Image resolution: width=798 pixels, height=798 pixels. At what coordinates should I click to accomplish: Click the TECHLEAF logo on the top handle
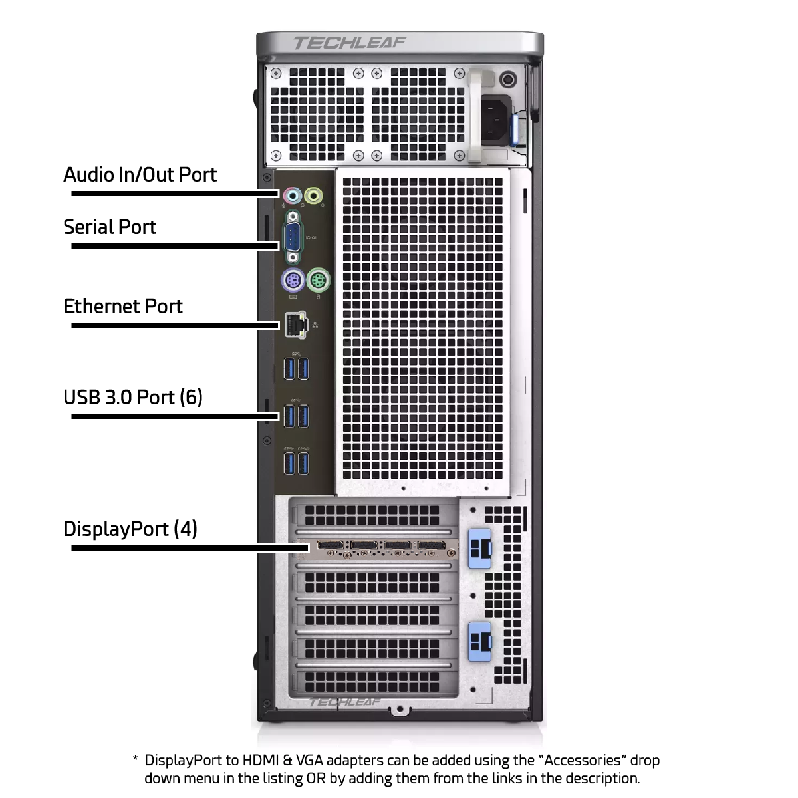[x=349, y=43]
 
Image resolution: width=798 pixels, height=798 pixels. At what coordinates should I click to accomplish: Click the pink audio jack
[x=291, y=196]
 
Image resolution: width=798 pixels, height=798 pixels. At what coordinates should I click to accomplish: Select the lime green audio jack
[x=313, y=196]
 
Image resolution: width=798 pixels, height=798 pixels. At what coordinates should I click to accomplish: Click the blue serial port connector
[x=293, y=237]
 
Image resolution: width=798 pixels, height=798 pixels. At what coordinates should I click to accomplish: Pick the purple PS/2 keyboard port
[x=292, y=282]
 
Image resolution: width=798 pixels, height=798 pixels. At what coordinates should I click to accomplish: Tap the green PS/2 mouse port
[x=319, y=282]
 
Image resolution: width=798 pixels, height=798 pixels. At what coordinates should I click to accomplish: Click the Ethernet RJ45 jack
[x=295, y=325]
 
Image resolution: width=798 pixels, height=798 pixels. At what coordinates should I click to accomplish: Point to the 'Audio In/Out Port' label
[x=140, y=174]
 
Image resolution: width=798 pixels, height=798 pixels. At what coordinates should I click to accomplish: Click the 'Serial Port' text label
[x=110, y=227]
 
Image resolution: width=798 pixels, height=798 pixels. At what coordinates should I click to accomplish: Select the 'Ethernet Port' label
[x=123, y=306]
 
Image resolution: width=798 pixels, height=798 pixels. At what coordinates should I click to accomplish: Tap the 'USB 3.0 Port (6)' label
[x=133, y=397]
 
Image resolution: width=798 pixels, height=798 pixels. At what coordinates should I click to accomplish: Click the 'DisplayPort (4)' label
[x=130, y=529]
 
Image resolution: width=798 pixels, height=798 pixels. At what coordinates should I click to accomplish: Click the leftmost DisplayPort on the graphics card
[x=330, y=547]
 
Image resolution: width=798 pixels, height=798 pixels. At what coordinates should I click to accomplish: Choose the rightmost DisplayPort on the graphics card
[x=431, y=547]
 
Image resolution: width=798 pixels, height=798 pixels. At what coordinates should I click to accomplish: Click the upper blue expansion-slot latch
[x=479, y=549]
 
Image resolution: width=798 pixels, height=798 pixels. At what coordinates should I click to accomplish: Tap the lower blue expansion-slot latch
[x=479, y=642]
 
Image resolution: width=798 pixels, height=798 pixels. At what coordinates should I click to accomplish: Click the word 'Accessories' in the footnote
[x=582, y=760]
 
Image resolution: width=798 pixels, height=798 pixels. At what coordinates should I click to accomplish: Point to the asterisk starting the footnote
[x=135, y=759]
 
